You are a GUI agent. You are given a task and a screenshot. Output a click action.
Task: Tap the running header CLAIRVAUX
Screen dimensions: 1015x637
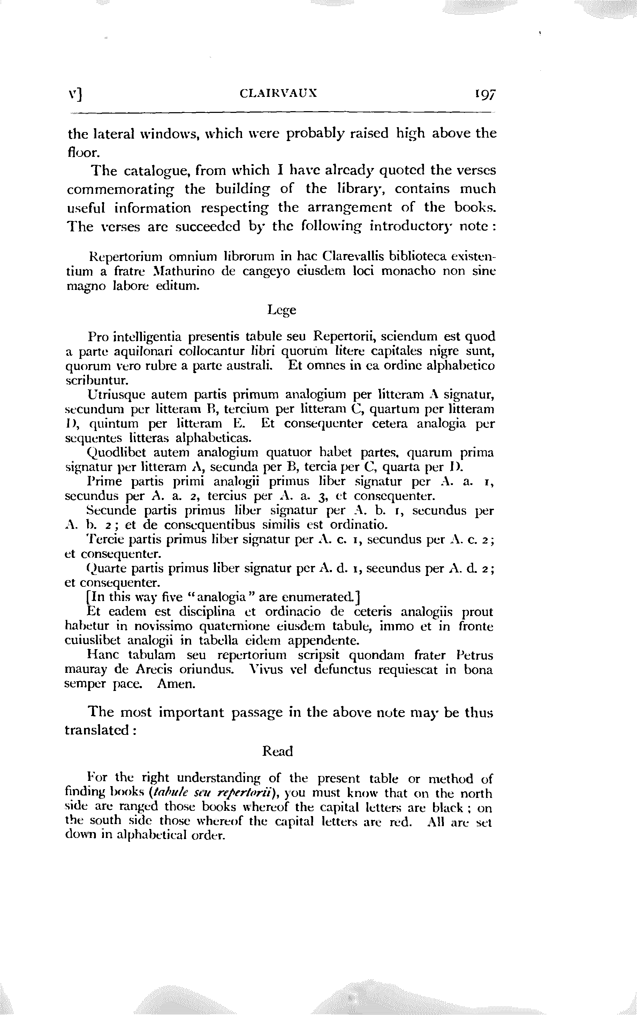(278, 93)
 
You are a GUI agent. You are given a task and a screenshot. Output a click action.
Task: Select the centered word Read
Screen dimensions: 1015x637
(277, 752)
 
